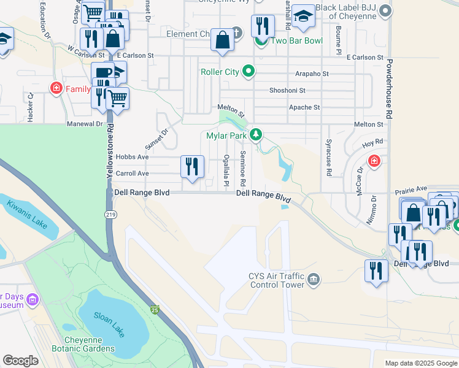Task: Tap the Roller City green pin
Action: pos(249,72)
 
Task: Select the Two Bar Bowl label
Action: pos(288,40)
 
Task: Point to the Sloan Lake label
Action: pos(112,317)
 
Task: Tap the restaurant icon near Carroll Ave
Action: pos(192,166)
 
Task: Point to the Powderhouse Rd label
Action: pos(389,89)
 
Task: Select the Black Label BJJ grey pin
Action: pos(385,10)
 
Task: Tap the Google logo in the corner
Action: pos(20,361)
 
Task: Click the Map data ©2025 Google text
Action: pos(420,363)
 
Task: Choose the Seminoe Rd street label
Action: pos(243,169)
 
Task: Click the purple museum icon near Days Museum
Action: pos(32,300)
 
